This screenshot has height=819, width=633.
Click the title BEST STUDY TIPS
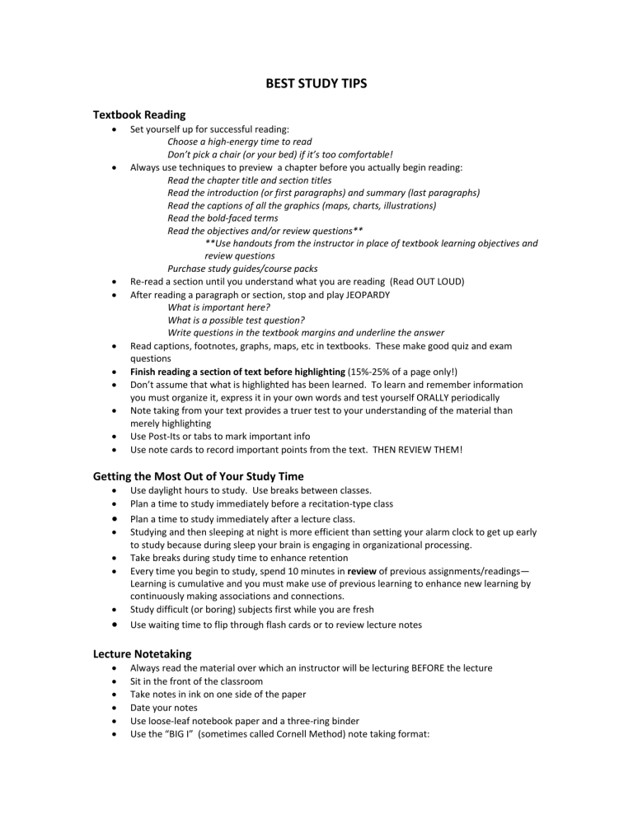click(x=316, y=84)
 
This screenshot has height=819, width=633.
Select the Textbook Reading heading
click(x=139, y=115)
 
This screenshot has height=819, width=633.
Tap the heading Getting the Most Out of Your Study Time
click(x=199, y=475)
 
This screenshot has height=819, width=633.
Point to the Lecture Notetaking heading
click(x=143, y=653)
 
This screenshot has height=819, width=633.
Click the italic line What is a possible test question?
click(x=237, y=320)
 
